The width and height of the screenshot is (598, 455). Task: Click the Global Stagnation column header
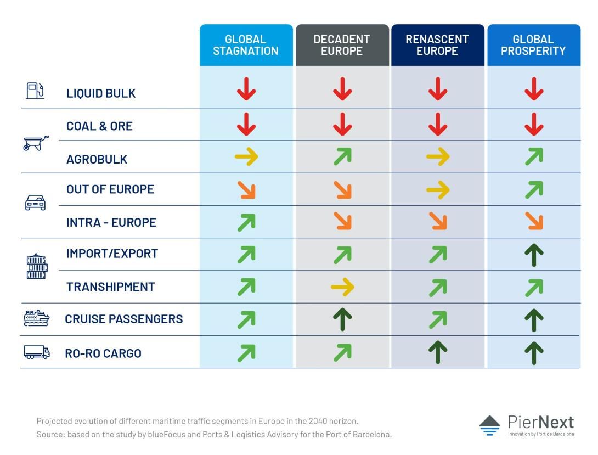point(246,45)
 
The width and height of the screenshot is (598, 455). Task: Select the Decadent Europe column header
point(342,45)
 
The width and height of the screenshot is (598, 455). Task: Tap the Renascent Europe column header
point(437,45)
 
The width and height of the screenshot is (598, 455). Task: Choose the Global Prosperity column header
point(534,45)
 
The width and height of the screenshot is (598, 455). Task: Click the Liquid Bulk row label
point(101,93)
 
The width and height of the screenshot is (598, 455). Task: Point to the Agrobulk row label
point(97,159)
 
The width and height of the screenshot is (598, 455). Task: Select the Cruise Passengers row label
point(124,319)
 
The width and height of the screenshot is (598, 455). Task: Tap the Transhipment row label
point(111,287)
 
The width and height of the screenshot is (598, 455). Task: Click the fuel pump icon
point(35,91)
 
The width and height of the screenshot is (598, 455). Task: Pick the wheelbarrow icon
point(36,143)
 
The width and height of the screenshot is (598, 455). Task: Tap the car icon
point(36,203)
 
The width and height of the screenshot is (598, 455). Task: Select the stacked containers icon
point(37,266)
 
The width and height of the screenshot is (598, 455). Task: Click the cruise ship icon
point(36,318)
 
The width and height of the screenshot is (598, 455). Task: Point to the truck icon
point(37,352)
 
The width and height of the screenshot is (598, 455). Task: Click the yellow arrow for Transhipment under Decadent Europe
point(342,287)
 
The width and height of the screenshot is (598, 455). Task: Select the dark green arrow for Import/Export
point(534,255)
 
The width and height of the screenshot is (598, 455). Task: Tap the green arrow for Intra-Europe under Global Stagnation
point(246,223)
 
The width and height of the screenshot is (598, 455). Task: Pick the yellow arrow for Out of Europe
point(438,189)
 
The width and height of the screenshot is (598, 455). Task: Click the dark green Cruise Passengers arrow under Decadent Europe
point(342,319)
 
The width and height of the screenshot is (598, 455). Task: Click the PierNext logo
point(527,425)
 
